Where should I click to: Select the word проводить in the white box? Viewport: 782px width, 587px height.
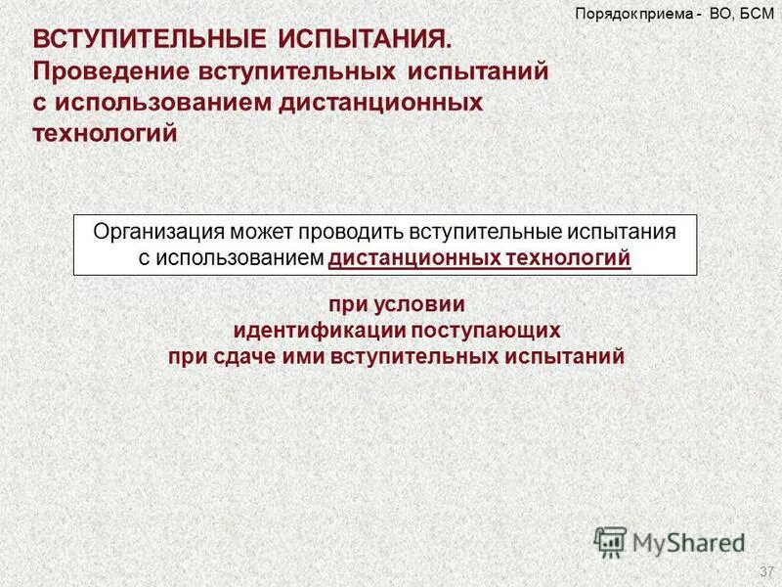tap(351, 233)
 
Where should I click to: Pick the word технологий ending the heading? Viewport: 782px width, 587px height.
tap(107, 132)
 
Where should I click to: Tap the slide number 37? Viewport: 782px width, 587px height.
tap(765, 570)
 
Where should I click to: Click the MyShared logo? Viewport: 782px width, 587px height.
tap(669, 541)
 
